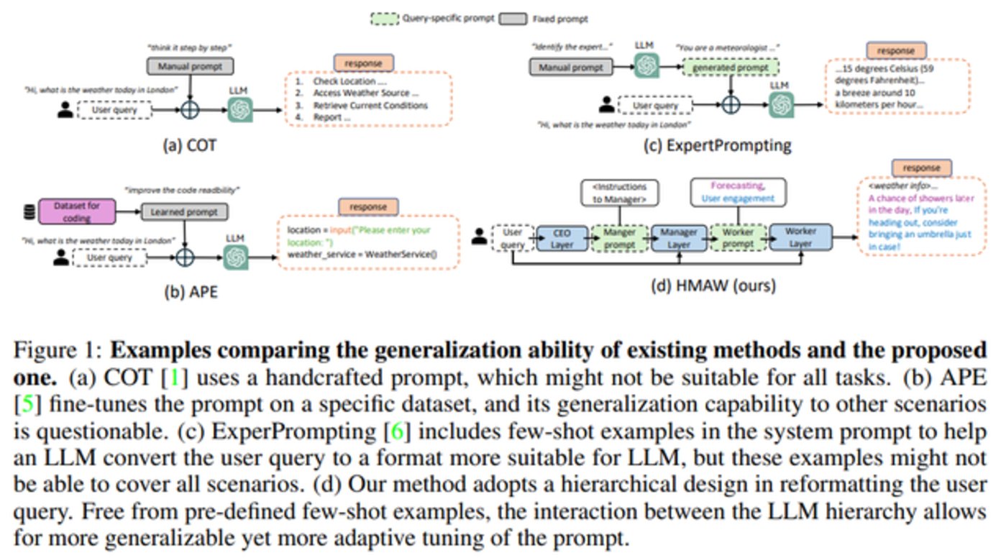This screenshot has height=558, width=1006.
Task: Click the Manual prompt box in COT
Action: pos(191,67)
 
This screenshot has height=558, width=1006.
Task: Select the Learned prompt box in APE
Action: pos(185,212)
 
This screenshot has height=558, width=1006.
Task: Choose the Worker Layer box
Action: pos(800,236)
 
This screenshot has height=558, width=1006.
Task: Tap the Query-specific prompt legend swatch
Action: pos(385,19)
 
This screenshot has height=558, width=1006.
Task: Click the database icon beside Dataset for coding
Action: pos(29,212)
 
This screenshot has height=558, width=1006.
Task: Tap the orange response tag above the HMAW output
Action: pos(921,168)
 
